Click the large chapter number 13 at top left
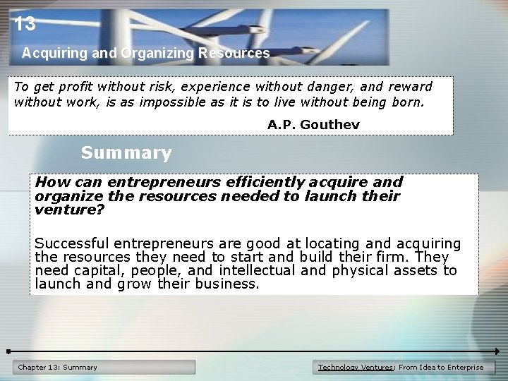[x=24, y=25]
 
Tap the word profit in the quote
[x=73, y=87]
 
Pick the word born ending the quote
[x=407, y=102]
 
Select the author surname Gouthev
[x=329, y=125]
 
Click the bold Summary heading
[x=126, y=152]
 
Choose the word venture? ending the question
[x=69, y=210]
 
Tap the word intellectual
[x=257, y=270]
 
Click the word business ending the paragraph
[x=228, y=284]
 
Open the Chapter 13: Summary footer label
[x=58, y=367]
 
